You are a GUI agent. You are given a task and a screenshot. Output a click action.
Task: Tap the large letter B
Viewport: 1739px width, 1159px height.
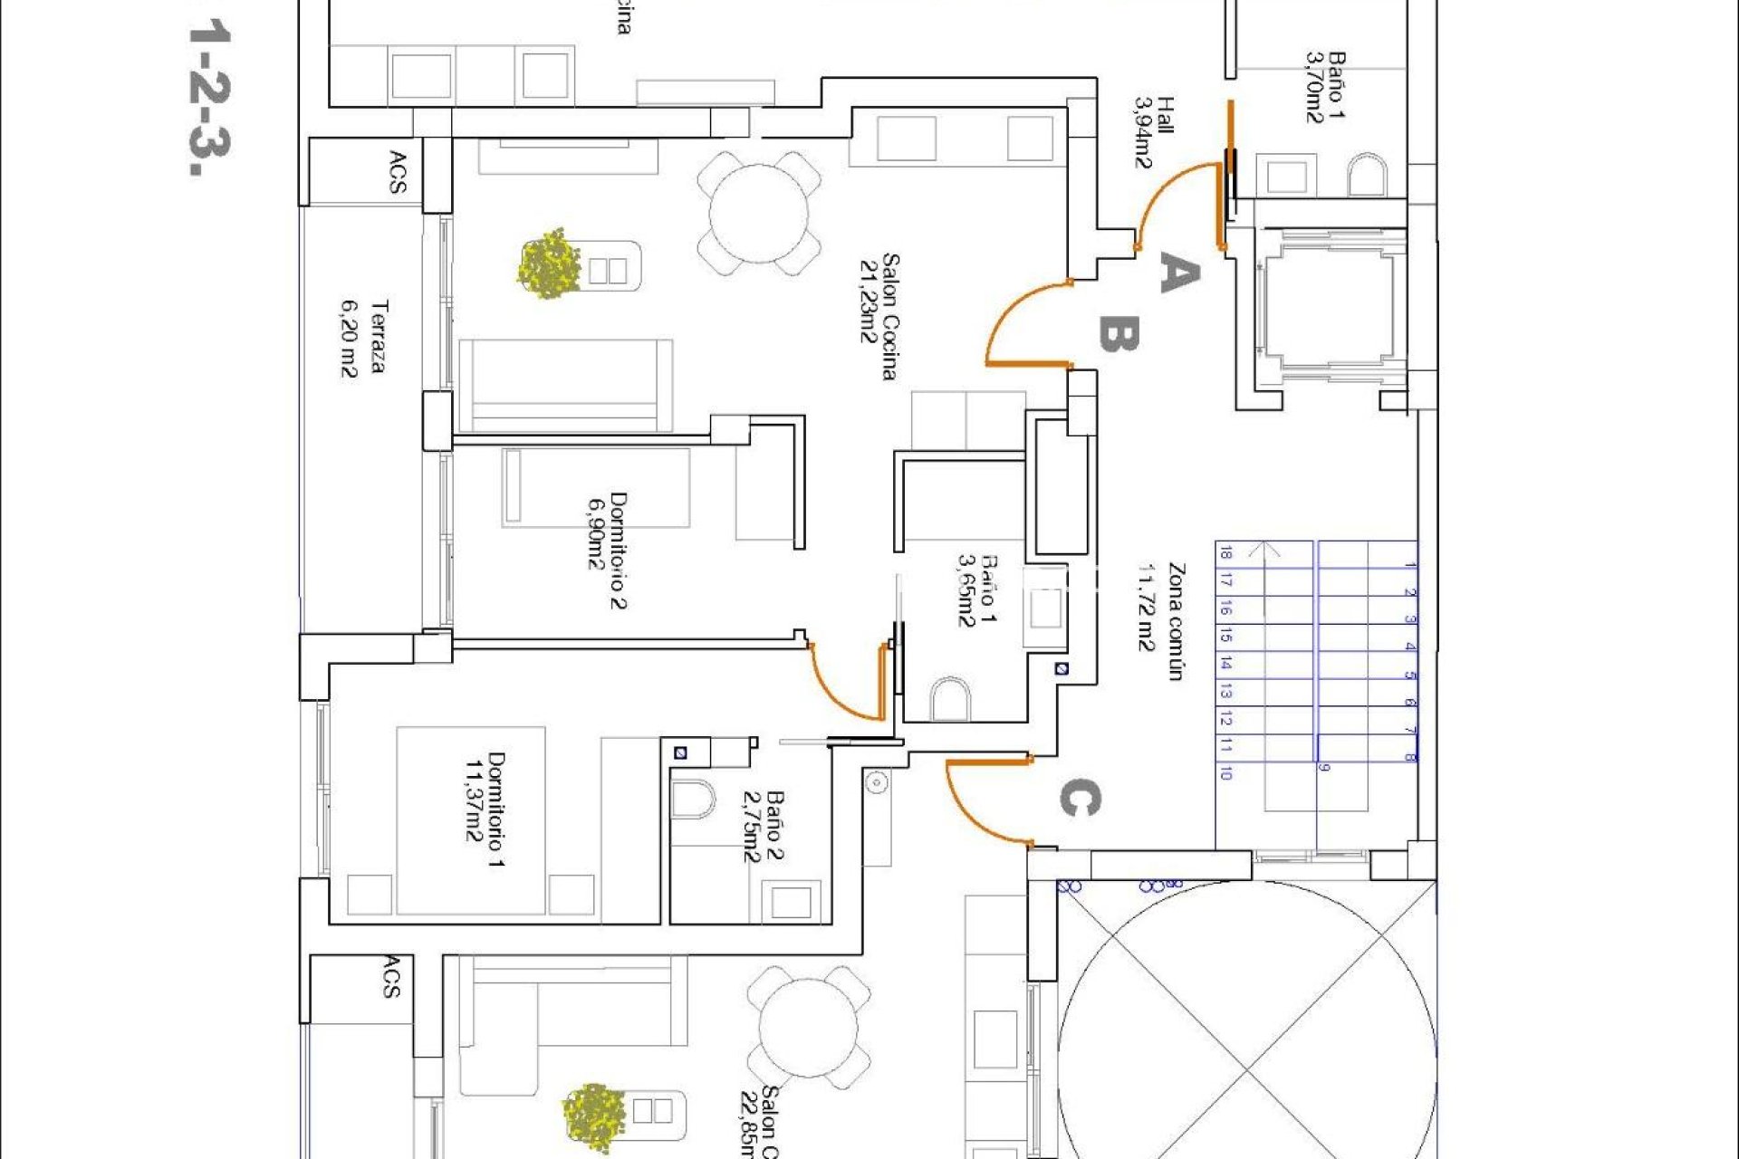point(1119,333)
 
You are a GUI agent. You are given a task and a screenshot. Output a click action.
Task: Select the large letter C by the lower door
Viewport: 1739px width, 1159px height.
point(1080,799)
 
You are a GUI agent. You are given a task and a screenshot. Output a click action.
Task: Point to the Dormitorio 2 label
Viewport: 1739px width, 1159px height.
point(607,551)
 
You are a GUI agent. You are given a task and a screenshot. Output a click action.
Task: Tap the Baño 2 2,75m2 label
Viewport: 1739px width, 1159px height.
point(763,826)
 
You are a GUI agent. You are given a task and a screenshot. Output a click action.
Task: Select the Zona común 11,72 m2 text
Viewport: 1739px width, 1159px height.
point(1162,621)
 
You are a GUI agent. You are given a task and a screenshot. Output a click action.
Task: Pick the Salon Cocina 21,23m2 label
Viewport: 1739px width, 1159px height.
point(879,317)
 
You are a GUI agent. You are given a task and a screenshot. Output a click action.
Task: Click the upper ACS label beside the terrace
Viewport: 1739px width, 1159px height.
point(397,172)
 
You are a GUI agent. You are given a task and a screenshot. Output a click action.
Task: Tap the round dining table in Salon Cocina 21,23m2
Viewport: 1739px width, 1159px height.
point(759,214)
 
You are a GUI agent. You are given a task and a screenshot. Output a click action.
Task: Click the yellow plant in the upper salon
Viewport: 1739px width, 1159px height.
point(549,264)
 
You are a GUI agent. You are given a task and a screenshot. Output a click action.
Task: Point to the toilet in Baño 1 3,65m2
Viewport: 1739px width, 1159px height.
point(949,698)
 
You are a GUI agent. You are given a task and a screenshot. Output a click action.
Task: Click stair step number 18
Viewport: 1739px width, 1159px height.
point(1225,553)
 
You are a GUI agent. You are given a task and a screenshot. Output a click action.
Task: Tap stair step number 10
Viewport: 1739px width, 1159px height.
point(1225,773)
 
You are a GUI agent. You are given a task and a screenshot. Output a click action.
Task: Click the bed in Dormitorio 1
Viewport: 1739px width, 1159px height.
point(471,819)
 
